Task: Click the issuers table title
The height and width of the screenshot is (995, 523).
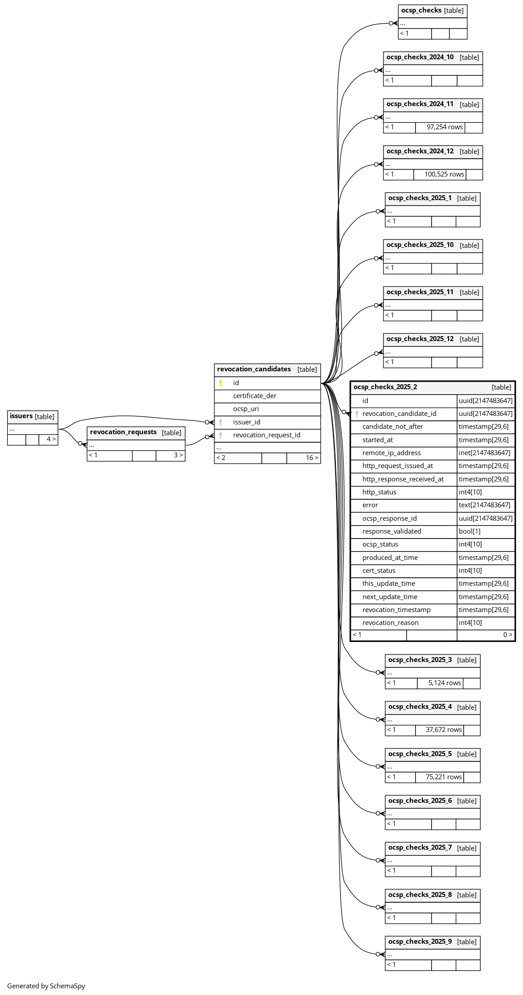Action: pyautogui.click(x=21, y=416)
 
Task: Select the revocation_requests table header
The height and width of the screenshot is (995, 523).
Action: pyautogui.click(x=124, y=432)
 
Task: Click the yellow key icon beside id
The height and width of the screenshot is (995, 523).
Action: pyautogui.click(x=220, y=383)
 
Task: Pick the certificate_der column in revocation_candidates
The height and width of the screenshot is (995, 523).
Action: pyautogui.click(x=255, y=396)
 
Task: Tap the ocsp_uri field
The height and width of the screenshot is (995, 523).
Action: pyautogui.click(x=246, y=409)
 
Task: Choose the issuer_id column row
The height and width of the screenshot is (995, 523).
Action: pyautogui.click(x=247, y=422)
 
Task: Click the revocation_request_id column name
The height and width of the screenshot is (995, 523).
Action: pyautogui.click(x=267, y=435)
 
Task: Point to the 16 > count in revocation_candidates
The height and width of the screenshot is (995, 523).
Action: pyautogui.click(x=312, y=458)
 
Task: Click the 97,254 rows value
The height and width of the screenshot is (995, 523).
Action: pyautogui.click(x=445, y=127)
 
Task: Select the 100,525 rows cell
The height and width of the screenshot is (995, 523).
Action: pyautogui.click(x=444, y=174)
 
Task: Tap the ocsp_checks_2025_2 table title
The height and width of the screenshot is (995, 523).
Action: pyautogui.click(x=385, y=387)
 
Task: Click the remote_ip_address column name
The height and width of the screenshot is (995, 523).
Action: pyautogui.click(x=391, y=453)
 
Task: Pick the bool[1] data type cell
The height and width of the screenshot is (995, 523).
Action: pyautogui.click(x=469, y=531)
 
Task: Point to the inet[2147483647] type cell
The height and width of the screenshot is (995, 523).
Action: pyautogui.click(x=484, y=453)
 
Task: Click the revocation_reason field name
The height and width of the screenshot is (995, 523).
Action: pyautogui.click(x=390, y=623)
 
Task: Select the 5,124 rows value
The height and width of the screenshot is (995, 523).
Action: pyautogui.click(x=445, y=683)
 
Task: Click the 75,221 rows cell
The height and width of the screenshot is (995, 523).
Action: pyautogui.click(x=444, y=777)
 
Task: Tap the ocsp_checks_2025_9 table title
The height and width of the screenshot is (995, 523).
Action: pyautogui.click(x=420, y=942)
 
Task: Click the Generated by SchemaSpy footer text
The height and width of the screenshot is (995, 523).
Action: pyautogui.click(x=46, y=986)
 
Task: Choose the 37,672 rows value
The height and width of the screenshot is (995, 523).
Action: pyautogui.click(x=444, y=730)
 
